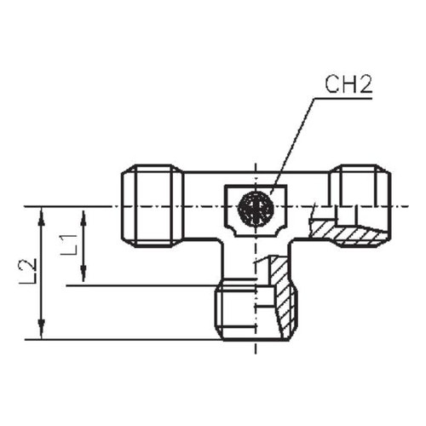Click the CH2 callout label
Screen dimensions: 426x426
(x=348, y=84)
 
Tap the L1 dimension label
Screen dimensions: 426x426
(x=69, y=245)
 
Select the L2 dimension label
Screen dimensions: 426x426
(x=28, y=271)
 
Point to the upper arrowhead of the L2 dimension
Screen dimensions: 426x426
(x=42, y=216)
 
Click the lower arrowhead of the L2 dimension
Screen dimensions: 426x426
(x=42, y=330)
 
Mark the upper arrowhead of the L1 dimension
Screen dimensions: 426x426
(x=83, y=219)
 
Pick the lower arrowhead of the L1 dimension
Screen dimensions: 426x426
(x=83, y=273)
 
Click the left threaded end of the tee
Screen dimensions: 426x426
(x=153, y=206)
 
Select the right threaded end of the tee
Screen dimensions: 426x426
(x=360, y=206)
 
